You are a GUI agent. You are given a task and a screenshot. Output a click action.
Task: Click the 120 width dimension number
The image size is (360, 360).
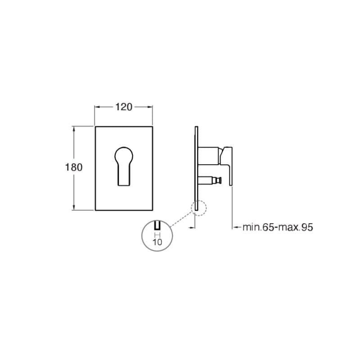[x=124, y=107]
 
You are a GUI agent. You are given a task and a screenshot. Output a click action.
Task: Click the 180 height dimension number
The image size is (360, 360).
[x=74, y=167]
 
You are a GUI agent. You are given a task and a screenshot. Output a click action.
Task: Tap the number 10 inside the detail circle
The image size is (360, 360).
[x=157, y=242]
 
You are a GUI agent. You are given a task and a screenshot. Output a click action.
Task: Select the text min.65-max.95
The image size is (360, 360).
[x=278, y=227]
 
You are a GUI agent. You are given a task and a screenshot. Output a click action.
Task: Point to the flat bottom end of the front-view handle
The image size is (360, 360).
[x=124, y=185]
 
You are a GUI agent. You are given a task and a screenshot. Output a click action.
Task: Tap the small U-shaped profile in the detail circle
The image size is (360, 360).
[x=157, y=226]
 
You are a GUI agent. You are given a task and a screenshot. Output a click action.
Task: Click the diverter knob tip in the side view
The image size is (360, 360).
[x=220, y=180]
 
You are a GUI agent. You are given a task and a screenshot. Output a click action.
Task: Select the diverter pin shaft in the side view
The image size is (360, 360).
[x=208, y=180]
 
